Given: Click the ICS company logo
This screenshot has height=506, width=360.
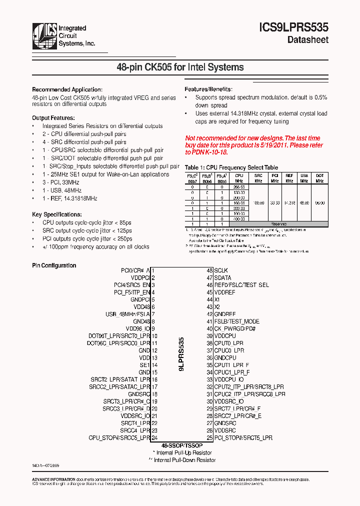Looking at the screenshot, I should coord(44,35).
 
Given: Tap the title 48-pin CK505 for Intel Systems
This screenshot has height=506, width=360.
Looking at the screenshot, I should coord(180,67).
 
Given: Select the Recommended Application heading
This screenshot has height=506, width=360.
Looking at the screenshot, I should coord(67,89).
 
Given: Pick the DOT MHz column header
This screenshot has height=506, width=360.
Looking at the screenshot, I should coord(319,178).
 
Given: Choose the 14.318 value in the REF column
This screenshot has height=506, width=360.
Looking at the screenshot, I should coord(289,203).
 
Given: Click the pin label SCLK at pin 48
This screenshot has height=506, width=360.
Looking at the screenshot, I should coord(221,270).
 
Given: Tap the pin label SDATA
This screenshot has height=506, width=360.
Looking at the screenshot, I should coord(223,277).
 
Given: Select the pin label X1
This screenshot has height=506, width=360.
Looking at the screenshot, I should coord(217,299).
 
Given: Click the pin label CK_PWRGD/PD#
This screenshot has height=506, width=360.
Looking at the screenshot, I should coord(235,328).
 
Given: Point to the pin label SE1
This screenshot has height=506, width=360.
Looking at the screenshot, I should coord(144,365).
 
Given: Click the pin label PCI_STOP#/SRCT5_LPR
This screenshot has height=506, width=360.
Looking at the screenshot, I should coord(243,437).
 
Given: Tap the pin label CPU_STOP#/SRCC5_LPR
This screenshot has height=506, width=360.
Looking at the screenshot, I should coord(119,437).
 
